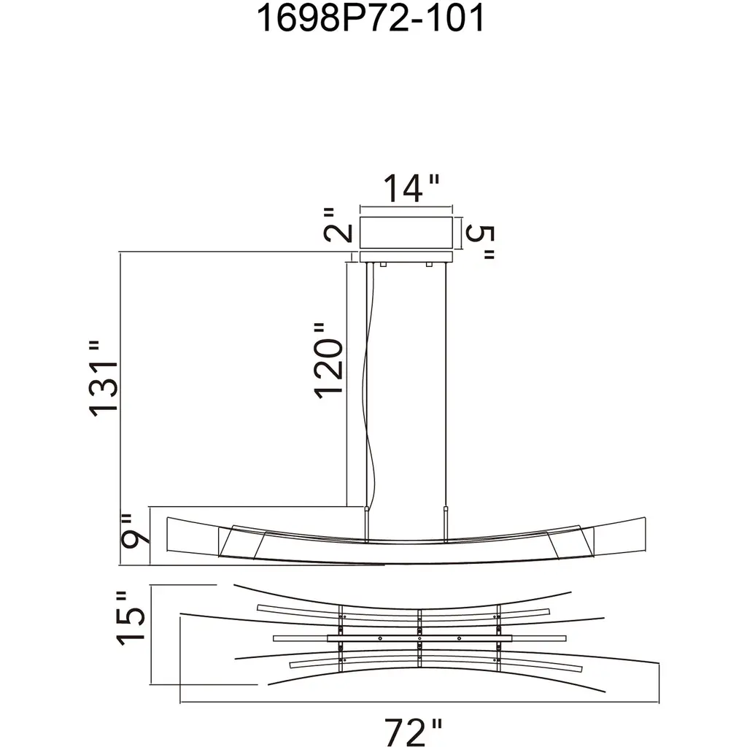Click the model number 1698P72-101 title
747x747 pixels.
pyautogui.click(x=371, y=18)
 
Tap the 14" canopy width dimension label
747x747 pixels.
pyautogui.click(x=411, y=188)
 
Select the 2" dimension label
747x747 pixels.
pyautogui.click(x=338, y=225)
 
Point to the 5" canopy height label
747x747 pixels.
pyautogui.click(x=480, y=241)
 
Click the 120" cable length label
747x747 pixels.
pyautogui.click(x=328, y=361)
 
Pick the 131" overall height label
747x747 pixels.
pyautogui.click(x=103, y=379)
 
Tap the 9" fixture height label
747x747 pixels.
pyautogui.click(x=135, y=531)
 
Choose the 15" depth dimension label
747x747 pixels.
pyautogui.click(x=130, y=619)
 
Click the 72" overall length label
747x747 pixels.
pyautogui.click(x=414, y=732)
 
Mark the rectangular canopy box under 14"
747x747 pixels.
pyautogui.click(x=406, y=233)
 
